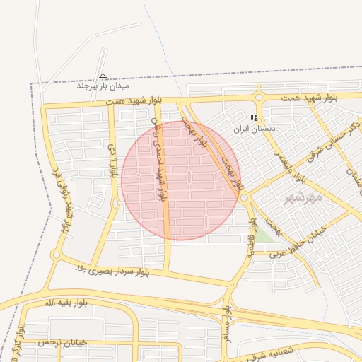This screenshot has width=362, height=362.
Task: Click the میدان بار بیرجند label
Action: (x=103, y=86)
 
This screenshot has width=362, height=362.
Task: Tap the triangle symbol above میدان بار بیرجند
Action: (x=103, y=75)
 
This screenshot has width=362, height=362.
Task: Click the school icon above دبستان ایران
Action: (x=255, y=118)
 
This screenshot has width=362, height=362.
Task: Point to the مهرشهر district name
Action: (x=303, y=197)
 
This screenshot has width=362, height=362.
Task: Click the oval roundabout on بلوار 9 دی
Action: (x=115, y=203)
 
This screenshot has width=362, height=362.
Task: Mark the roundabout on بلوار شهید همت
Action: (x=259, y=98)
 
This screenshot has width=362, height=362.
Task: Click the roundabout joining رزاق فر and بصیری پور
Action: (x=56, y=255)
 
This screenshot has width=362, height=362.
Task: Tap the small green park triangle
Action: (x=264, y=235)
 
